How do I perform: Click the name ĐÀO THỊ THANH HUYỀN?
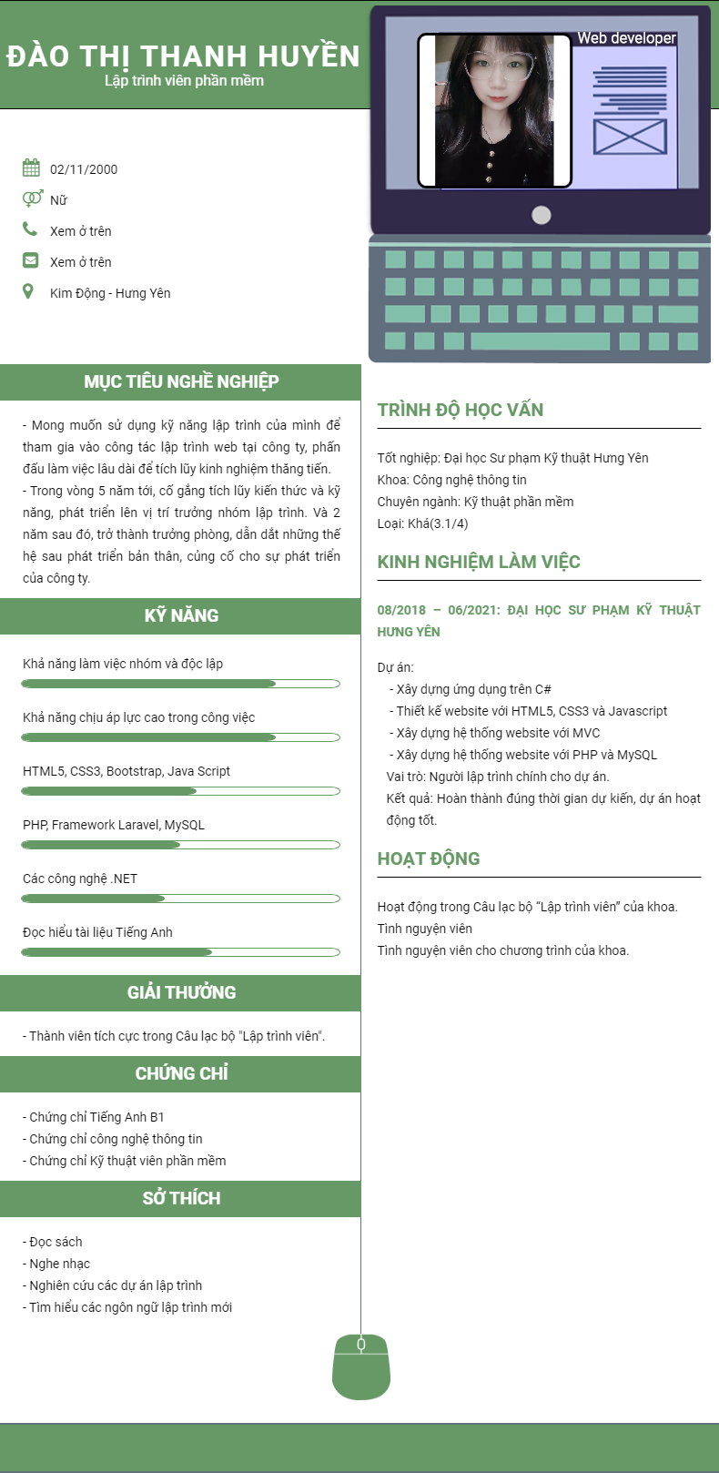pos(183,56)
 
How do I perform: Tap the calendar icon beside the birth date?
pos(31,168)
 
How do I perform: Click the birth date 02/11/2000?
pos(84,169)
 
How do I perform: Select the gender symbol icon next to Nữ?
pos(32,198)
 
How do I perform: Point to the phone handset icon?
pos(30,229)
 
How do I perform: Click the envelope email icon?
pos(31,260)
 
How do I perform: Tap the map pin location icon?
pos(28,291)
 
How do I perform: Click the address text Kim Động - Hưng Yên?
pos(110,293)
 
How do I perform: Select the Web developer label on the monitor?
pos(626,38)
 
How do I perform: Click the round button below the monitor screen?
pos(541,215)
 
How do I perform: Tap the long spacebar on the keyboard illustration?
pos(540,341)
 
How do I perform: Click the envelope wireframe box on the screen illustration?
pos(630,137)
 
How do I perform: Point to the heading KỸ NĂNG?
pos(181,615)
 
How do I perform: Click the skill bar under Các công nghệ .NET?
pos(180,899)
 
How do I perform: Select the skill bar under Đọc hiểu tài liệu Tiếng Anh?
pos(180,952)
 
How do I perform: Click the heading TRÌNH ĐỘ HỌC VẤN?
pos(461,410)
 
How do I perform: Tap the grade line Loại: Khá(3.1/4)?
pos(423,523)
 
